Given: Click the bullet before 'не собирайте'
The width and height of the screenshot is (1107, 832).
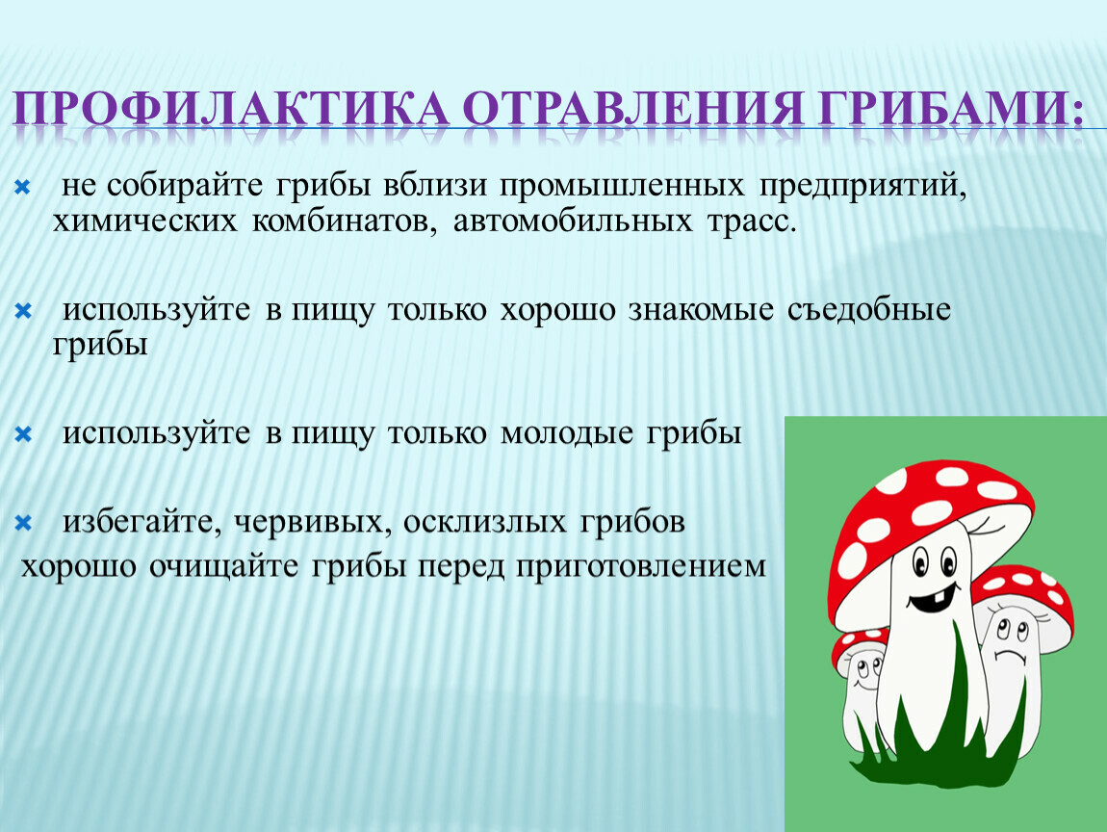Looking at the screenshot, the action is point(22,187).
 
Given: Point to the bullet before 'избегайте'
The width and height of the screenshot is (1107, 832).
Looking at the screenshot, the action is point(23,523).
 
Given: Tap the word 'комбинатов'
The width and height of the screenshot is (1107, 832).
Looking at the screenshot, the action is point(340,222).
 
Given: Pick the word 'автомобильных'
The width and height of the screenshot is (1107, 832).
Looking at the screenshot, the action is point(573,221).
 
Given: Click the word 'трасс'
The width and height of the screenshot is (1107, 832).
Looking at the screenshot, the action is point(747,222).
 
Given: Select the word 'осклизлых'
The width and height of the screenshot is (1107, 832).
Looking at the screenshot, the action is point(485,523).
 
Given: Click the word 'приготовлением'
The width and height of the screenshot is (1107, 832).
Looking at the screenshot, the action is point(640,567).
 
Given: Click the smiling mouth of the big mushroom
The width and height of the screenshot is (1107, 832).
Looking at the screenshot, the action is point(933,597).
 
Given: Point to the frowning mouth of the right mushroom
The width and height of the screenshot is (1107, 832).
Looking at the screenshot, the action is point(1011,656).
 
